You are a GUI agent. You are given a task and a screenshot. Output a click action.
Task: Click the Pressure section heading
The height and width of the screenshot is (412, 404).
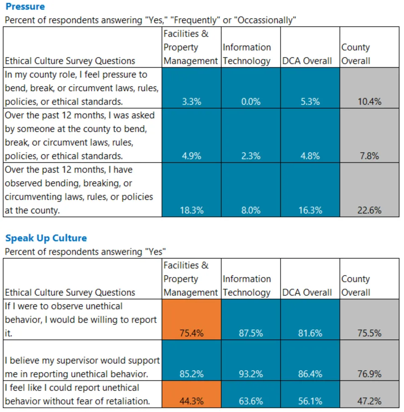pyautogui.click(x=25, y=7)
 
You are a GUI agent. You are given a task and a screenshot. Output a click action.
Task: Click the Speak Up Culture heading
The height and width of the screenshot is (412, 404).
pyautogui.click(x=46, y=238)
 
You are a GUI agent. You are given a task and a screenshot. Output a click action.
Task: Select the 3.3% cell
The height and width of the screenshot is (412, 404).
pyautogui.click(x=191, y=101)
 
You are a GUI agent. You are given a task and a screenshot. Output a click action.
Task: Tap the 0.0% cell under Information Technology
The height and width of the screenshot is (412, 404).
pyautogui.click(x=251, y=101)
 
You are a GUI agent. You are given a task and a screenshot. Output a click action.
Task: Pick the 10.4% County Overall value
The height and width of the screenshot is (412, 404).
pyautogui.click(x=369, y=101)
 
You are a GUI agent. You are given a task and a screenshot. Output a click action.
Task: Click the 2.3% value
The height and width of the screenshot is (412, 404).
pyautogui.click(x=251, y=156)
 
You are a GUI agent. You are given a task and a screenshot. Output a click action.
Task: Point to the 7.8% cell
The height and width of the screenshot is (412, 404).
pyautogui.click(x=369, y=156)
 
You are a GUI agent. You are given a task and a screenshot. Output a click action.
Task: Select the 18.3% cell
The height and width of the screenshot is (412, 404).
pyautogui.click(x=191, y=210)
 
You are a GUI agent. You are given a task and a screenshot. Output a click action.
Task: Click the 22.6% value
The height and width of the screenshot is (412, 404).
pyautogui.click(x=369, y=210)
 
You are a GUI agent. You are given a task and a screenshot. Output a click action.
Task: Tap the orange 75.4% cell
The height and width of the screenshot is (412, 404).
pyautogui.click(x=191, y=333)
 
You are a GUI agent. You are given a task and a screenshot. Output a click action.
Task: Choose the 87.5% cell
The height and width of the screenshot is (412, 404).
pyautogui.click(x=251, y=333)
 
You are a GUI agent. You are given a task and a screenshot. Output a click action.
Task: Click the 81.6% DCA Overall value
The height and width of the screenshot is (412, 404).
pyautogui.click(x=310, y=333)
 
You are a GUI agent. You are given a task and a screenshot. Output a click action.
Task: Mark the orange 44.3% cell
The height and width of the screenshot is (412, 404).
pyautogui.click(x=191, y=401)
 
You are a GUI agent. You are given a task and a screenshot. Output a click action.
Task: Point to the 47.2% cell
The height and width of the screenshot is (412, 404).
pyautogui.click(x=369, y=401)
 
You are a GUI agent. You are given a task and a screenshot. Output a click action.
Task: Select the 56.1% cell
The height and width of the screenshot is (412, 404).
pyautogui.click(x=310, y=401)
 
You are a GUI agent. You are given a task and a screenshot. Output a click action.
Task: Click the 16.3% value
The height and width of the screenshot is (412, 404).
pyautogui.click(x=310, y=210)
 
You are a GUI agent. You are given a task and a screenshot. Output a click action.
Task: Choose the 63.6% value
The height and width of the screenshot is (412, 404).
pyautogui.click(x=251, y=401)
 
